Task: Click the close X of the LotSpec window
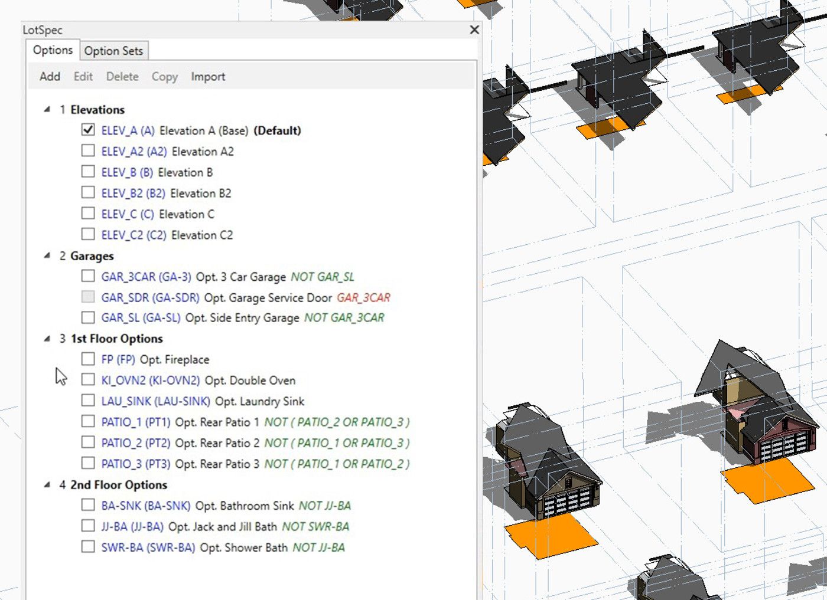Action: (474, 29)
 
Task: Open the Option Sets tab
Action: (113, 51)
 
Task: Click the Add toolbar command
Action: (50, 77)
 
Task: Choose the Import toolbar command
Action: (208, 77)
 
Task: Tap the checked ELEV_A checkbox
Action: (88, 130)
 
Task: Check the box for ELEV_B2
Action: (88, 192)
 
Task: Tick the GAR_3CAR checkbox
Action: (88, 276)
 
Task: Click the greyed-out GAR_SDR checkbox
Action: (88, 297)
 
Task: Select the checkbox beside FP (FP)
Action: (88, 359)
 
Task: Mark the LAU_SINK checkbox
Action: (88, 401)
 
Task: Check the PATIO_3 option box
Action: (88, 463)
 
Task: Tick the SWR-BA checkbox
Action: (88, 547)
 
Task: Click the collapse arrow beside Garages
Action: (47, 256)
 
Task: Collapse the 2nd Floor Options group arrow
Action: (47, 485)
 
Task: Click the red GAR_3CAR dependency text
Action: (363, 297)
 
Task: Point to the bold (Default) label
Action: (277, 130)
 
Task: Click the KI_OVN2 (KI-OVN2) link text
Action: (150, 381)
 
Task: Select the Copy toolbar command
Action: (164, 77)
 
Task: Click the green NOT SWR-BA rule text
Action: (315, 526)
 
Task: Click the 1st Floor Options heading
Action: (116, 339)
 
